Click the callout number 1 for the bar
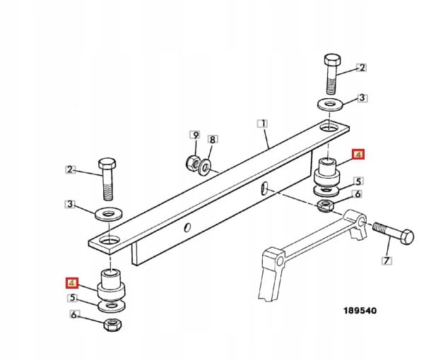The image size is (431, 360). coord(262,123)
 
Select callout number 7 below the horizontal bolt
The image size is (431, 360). coord(386,261)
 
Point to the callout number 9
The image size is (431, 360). coord(194,134)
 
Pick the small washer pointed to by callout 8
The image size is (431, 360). coord(205,167)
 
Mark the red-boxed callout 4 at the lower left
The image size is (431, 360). coord(71,283)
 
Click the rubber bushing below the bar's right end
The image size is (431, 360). coord(326,172)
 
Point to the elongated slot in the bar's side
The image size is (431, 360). coord(263,188)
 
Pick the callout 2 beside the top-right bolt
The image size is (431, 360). coord(362,68)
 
